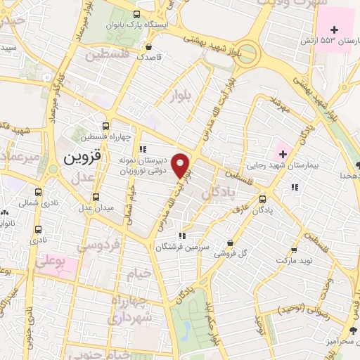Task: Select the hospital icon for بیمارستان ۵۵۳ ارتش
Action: pyautogui.click(x=334, y=30)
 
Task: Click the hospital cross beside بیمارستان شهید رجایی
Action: pyautogui.click(x=282, y=153)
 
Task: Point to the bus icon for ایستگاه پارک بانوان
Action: pyautogui.click(x=136, y=14)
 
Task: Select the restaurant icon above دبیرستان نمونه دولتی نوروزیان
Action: pyautogui.click(x=143, y=148)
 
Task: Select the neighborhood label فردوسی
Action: pyautogui.click(x=91, y=247)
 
